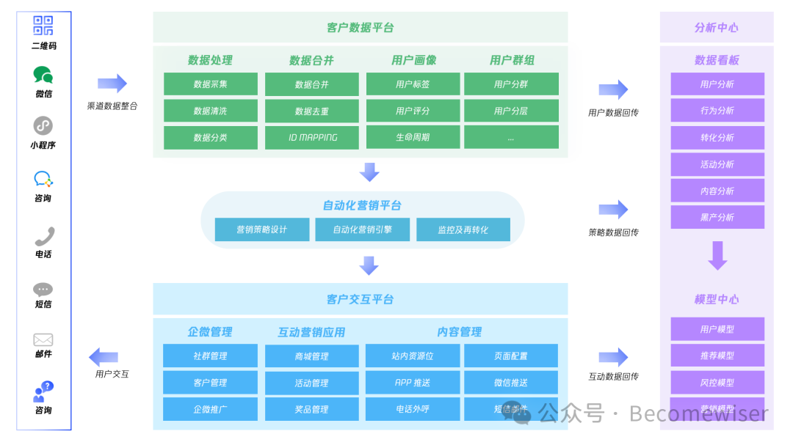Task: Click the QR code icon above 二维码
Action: point(43,26)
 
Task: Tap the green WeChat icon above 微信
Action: point(43,75)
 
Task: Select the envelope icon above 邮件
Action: point(43,339)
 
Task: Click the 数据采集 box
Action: point(211,84)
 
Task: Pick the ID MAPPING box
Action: point(312,137)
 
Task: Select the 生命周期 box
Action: point(413,137)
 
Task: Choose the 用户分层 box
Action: point(511,111)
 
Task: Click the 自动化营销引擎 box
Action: point(363,229)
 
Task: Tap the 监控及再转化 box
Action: point(463,229)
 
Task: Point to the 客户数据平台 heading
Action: point(360,28)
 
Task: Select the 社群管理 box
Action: point(211,356)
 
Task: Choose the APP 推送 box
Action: point(413,383)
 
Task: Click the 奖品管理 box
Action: point(312,409)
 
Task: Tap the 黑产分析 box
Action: point(717,217)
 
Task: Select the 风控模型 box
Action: point(717,383)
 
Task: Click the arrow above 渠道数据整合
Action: point(112,84)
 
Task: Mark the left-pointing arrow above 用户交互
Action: point(104,357)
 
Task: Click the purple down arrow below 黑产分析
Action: point(717,256)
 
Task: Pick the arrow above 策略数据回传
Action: point(613,210)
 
